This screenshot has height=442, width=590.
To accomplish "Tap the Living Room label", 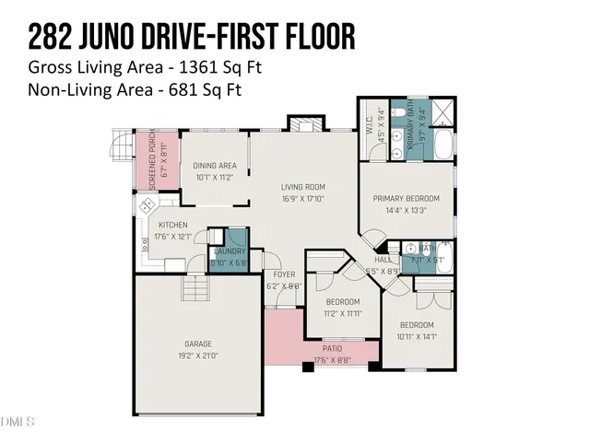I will (x=303, y=188).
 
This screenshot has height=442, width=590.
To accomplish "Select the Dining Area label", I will (x=215, y=166).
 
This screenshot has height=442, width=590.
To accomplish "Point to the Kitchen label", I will (x=172, y=226).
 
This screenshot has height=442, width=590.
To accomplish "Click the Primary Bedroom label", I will (x=406, y=198).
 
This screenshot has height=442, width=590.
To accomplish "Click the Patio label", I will (x=333, y=349).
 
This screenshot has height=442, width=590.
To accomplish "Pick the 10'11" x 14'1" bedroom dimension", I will (x=416, y=336).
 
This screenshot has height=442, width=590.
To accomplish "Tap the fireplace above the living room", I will (x=301, y=124).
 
